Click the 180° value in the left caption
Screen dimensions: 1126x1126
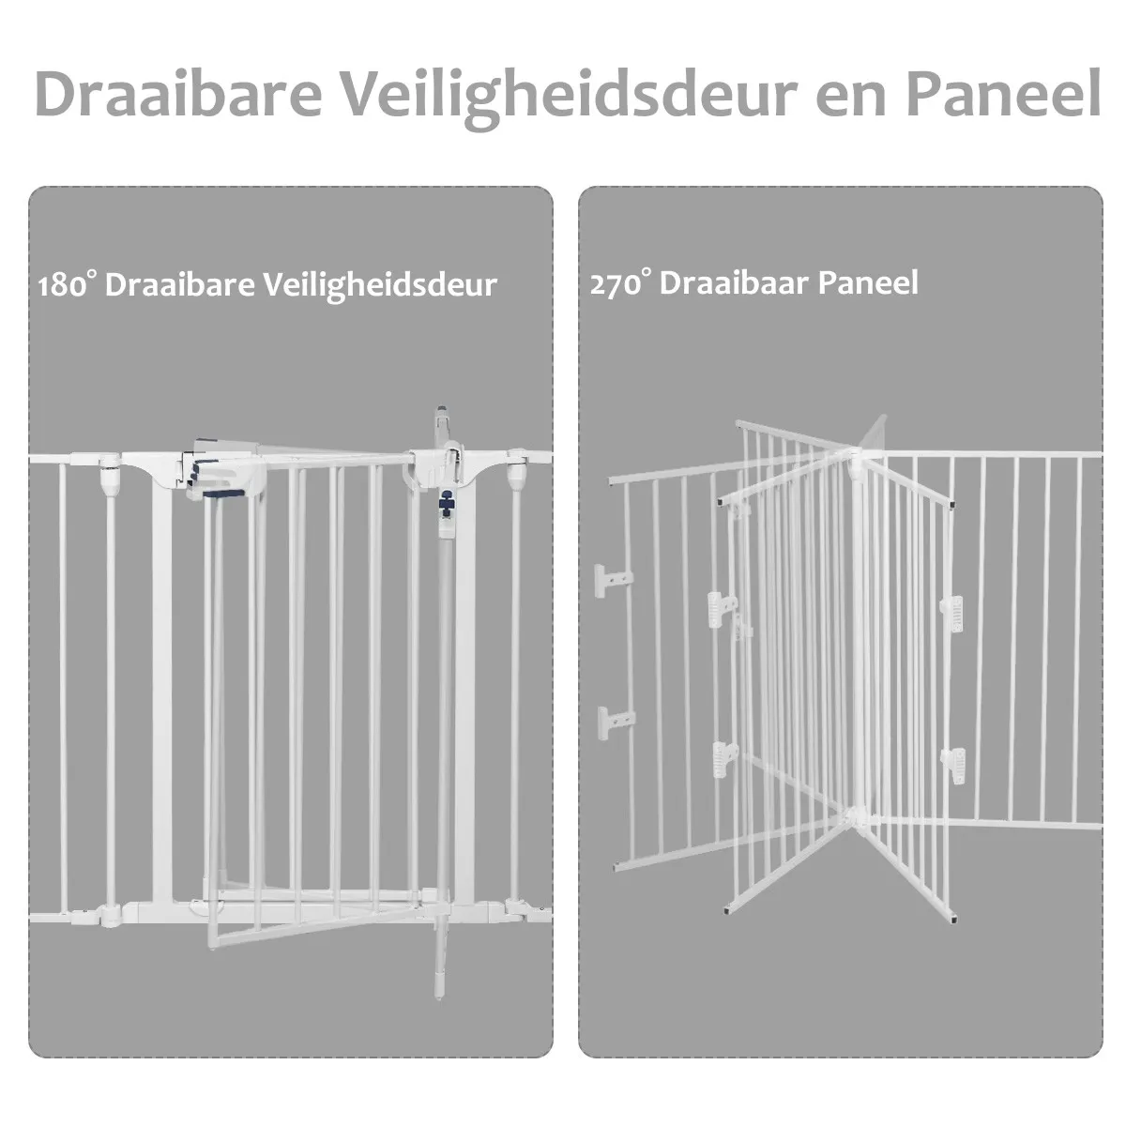(67, 284)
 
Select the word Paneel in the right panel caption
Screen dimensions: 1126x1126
(868, 282)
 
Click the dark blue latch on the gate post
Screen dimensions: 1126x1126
(447, 503)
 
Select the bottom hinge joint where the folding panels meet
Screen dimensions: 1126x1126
(857, 818)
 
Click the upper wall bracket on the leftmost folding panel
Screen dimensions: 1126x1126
(612, 579)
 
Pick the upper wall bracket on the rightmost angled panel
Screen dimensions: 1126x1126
(952, 613)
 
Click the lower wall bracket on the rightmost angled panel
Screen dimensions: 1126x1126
(953, 766)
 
